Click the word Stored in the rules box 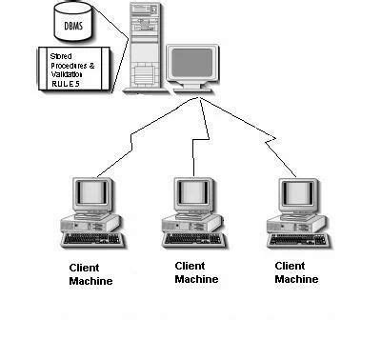(x=61, y=57)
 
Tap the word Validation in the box (x=68, y=74)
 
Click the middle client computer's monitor (x=194, y=194)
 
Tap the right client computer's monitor (x=295, y=194)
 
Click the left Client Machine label (x=90, y=274)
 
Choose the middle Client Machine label (x=196, y=272)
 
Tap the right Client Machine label (x=296, y=272)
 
